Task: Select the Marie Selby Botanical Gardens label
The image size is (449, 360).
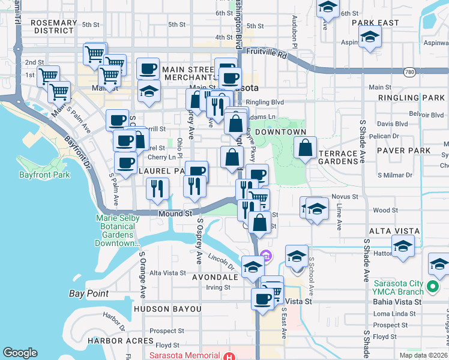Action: pos(115,231)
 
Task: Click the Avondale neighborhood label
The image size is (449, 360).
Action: pos(215,278)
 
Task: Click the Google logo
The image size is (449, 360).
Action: pos(20,353)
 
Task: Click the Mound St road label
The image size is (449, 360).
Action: pos(175,213)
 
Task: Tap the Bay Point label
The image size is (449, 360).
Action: pos(89,293)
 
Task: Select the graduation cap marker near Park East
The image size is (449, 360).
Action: pos(370,37)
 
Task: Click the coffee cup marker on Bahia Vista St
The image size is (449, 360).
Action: pos(262,298)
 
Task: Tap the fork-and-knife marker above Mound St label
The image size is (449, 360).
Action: pos(157,188)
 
